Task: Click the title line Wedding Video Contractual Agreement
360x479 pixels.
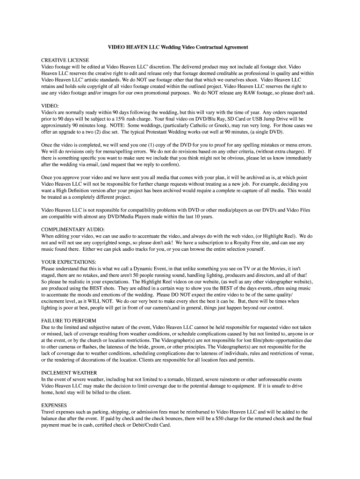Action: point(178,48)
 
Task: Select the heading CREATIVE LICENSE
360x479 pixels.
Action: point(65,61)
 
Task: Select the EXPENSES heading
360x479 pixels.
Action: point(54,405)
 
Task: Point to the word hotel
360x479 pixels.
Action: point(63,392)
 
